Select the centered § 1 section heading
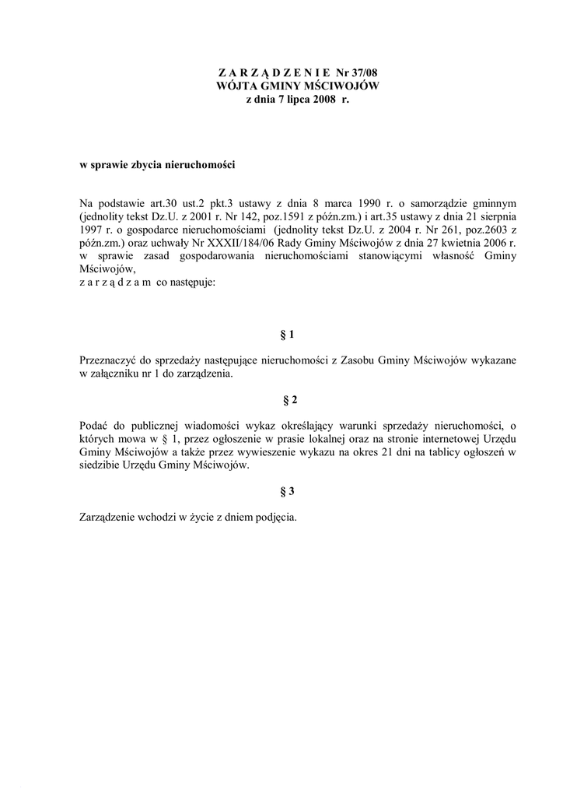click(x=286, y=335)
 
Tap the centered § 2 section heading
click(x=286, y=400)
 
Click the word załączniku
click(x=120, y=374)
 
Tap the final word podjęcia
click(x=276, y=518)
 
